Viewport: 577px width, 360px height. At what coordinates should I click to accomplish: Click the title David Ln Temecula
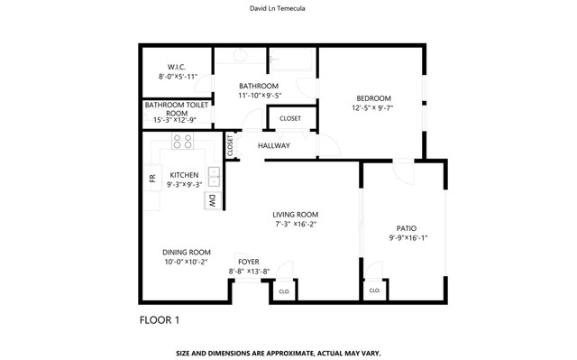tap(288, 10)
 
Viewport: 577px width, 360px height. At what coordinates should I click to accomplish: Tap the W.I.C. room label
tap(176, 67)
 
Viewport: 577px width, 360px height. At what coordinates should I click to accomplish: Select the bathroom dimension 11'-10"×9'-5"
tap(259, 96)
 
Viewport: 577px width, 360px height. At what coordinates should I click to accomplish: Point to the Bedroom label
tap(372, 97)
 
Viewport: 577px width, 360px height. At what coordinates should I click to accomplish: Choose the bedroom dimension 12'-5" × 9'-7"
tap(372, 108)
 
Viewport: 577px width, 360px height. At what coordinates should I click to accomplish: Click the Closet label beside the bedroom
tap(290, 118)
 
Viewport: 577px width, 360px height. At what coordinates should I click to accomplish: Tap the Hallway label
tap(274, 145)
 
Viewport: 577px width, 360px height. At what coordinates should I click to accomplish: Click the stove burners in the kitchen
tap(183, 142)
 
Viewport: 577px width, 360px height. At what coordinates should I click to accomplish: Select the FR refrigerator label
tap(152, 179)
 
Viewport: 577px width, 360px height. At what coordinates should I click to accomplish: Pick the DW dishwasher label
tap(212, 200)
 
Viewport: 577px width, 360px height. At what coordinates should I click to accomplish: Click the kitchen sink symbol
tap(214, 175)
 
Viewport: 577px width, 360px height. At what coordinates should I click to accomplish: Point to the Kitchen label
tap(184, 175)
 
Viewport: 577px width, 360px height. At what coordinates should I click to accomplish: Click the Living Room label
tap(295, 215)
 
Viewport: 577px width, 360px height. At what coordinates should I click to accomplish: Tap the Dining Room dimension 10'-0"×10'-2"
tap(186, 263)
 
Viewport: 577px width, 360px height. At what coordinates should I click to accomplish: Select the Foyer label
tap(249, 262)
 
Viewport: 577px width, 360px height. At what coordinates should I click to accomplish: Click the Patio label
tap(408, 228)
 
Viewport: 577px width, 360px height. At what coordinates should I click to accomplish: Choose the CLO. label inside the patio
tap(374, 291)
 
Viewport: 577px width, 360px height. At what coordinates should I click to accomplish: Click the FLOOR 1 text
tap(160, 320)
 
